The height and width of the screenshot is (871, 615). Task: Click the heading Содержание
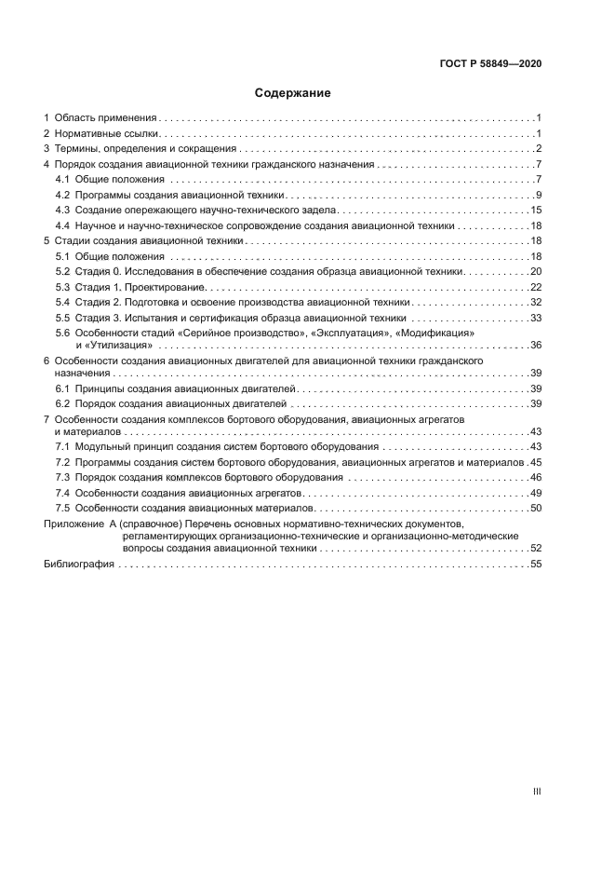point(293,93)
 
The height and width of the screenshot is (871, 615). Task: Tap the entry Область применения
point(104,118)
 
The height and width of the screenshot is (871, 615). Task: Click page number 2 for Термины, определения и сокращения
point(539,149)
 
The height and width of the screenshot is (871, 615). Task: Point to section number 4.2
point(62,195)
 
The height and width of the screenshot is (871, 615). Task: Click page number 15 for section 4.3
point(536,211)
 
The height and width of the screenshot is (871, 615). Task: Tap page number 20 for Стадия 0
point(536,271)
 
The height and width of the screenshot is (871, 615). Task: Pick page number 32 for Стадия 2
point(536,302)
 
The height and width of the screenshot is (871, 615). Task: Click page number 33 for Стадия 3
point(536,318)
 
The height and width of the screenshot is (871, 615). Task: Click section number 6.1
point(62,388)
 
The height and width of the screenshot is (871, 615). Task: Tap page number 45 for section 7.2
point(536,462)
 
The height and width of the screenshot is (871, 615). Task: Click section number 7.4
point(62,493)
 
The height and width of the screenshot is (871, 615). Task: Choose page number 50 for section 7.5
point(536,508)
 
